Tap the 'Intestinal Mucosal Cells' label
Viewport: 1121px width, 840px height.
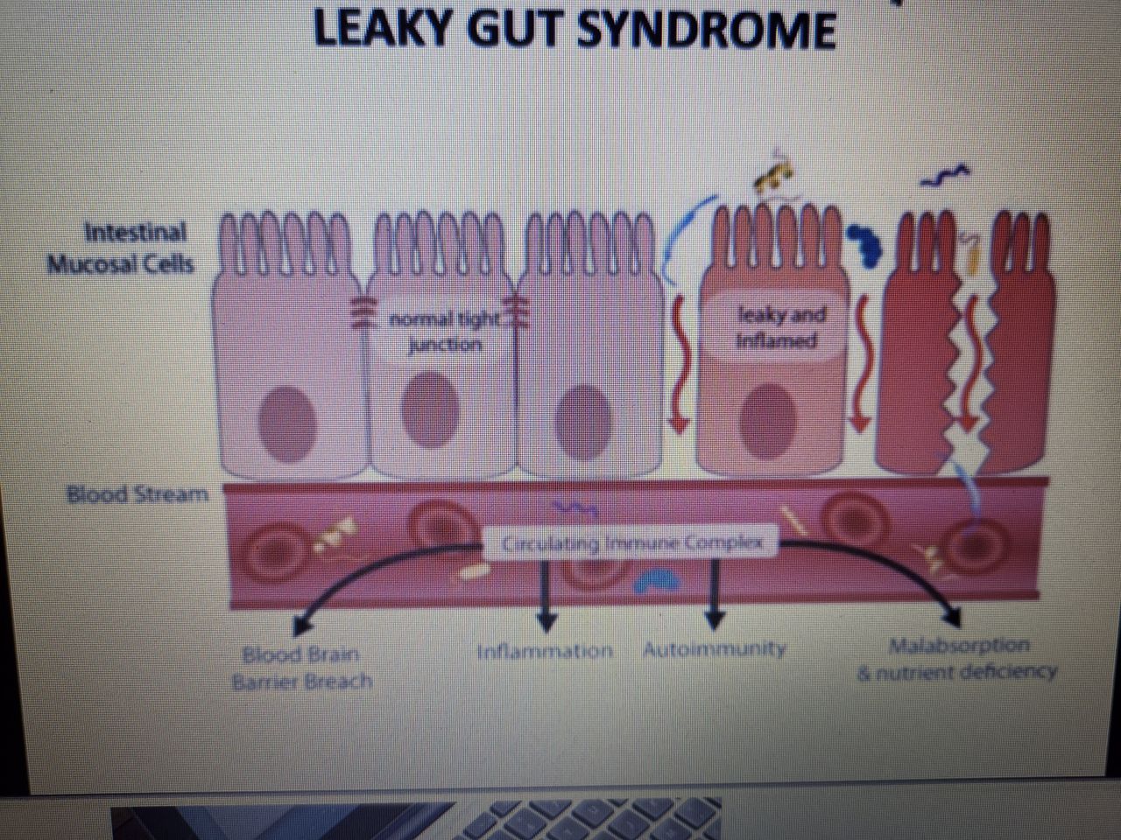pos(122,248)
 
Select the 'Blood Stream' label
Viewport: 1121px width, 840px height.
pos(137,494)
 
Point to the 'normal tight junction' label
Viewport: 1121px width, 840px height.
pos(445,332)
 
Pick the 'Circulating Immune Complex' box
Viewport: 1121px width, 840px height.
pos(631,543)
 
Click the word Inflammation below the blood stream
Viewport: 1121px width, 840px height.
pos(544,651)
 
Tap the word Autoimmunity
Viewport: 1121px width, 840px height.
pos(715,649)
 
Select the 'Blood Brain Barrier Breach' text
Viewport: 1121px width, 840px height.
pos(302,668)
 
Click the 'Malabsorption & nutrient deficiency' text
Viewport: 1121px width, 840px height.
pos(957,659)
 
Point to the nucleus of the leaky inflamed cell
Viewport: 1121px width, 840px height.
pos(768,419)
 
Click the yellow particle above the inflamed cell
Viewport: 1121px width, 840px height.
pos(773,174)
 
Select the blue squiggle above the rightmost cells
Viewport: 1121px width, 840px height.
pos(945,176)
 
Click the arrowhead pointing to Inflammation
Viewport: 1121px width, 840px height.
pos(546,622)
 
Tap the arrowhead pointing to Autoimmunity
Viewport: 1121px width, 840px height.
pos(715,620)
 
